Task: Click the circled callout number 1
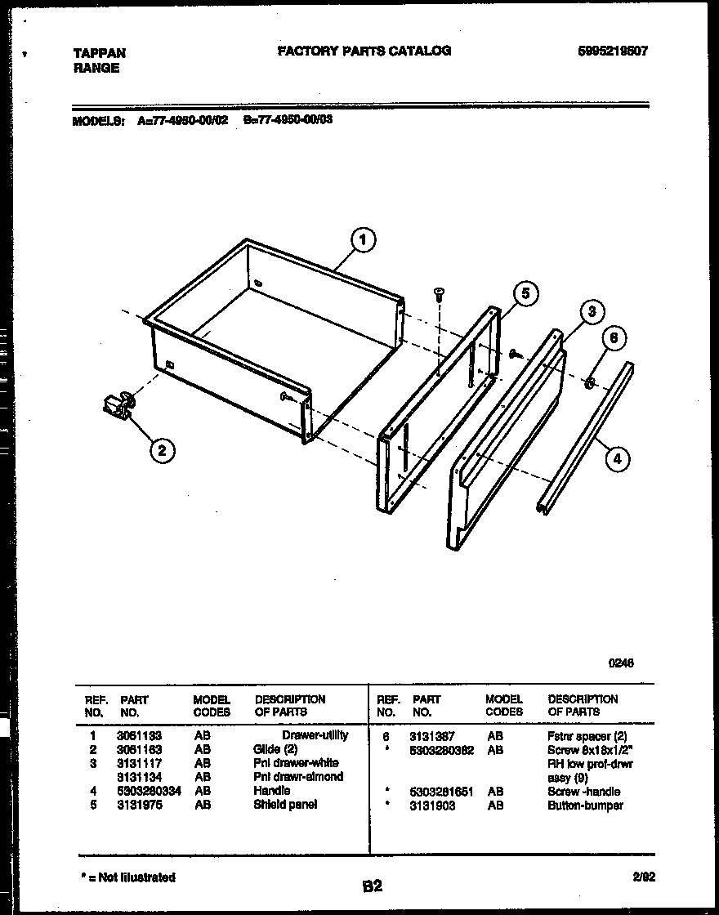362,240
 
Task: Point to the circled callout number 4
618,460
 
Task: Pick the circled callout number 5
526,294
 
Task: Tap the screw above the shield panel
439,293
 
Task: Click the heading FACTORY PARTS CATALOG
364,51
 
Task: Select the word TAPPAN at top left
100,53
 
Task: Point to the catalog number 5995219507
612,51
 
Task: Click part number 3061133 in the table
139,735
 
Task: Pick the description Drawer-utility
315,735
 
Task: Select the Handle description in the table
271,791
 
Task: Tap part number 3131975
139,805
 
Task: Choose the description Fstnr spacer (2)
587,736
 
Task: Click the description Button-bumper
585,806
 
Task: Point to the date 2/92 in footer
644,877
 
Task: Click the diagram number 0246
620,663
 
